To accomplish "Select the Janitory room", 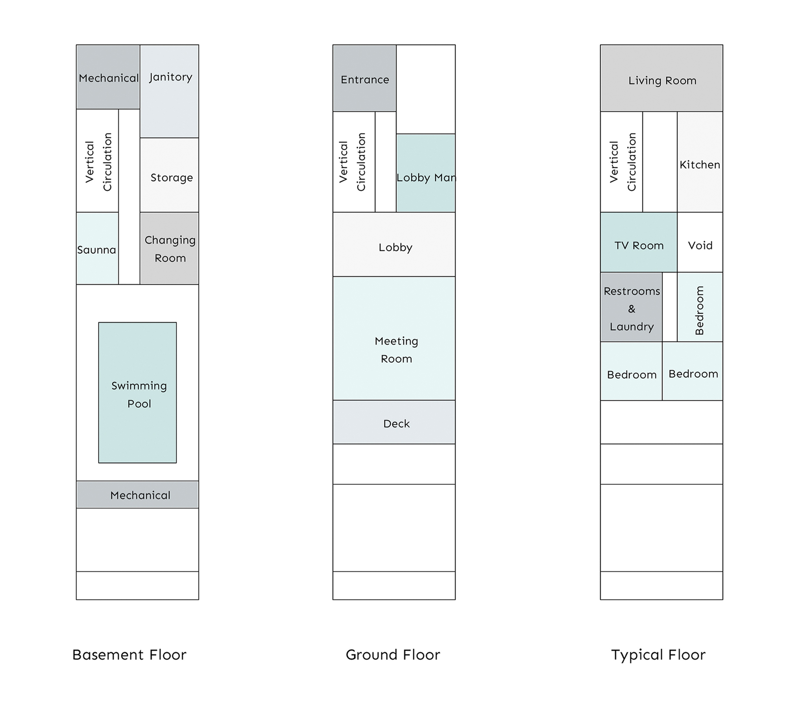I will pos(169,91).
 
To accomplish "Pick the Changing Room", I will pos(169,249).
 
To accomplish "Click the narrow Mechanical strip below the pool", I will pos(137,495).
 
